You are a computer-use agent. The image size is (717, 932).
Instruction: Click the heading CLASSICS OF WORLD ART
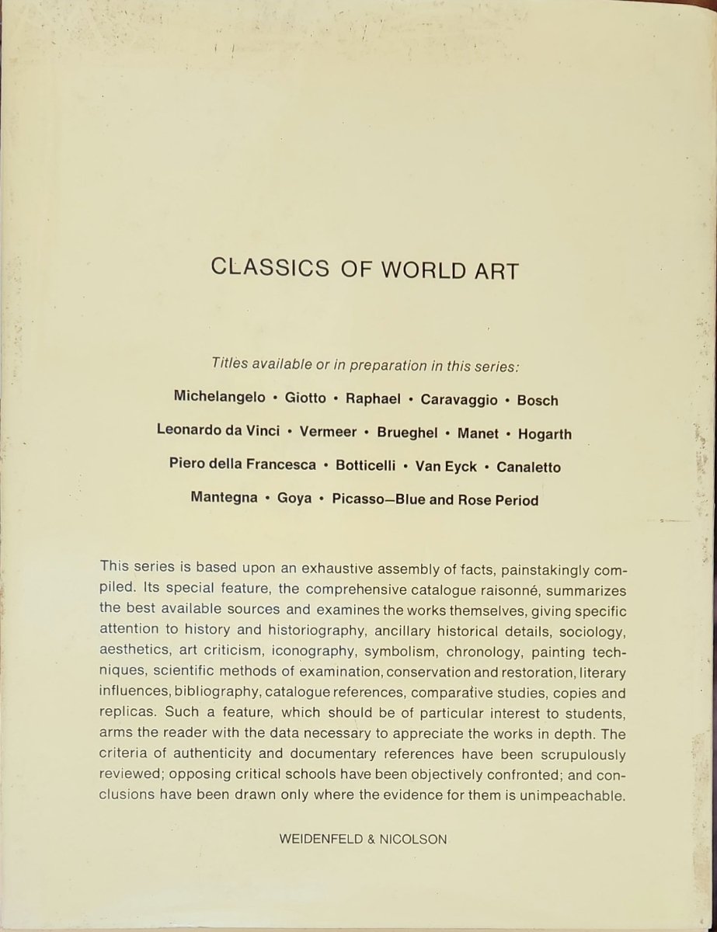(364, 269)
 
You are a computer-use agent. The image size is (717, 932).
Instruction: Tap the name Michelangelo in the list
(218, 398)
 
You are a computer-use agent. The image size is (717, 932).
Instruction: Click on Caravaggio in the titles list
(459, 400)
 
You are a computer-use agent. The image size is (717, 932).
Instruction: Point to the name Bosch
(537, 401)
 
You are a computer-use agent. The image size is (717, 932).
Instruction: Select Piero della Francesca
(242, 464)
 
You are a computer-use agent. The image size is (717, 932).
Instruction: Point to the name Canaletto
(528, 468)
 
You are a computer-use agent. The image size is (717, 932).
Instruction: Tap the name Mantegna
(224, 498)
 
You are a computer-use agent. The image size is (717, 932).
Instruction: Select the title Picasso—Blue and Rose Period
(435, 500)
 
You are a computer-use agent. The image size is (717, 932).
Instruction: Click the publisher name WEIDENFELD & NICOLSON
(363, 840)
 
